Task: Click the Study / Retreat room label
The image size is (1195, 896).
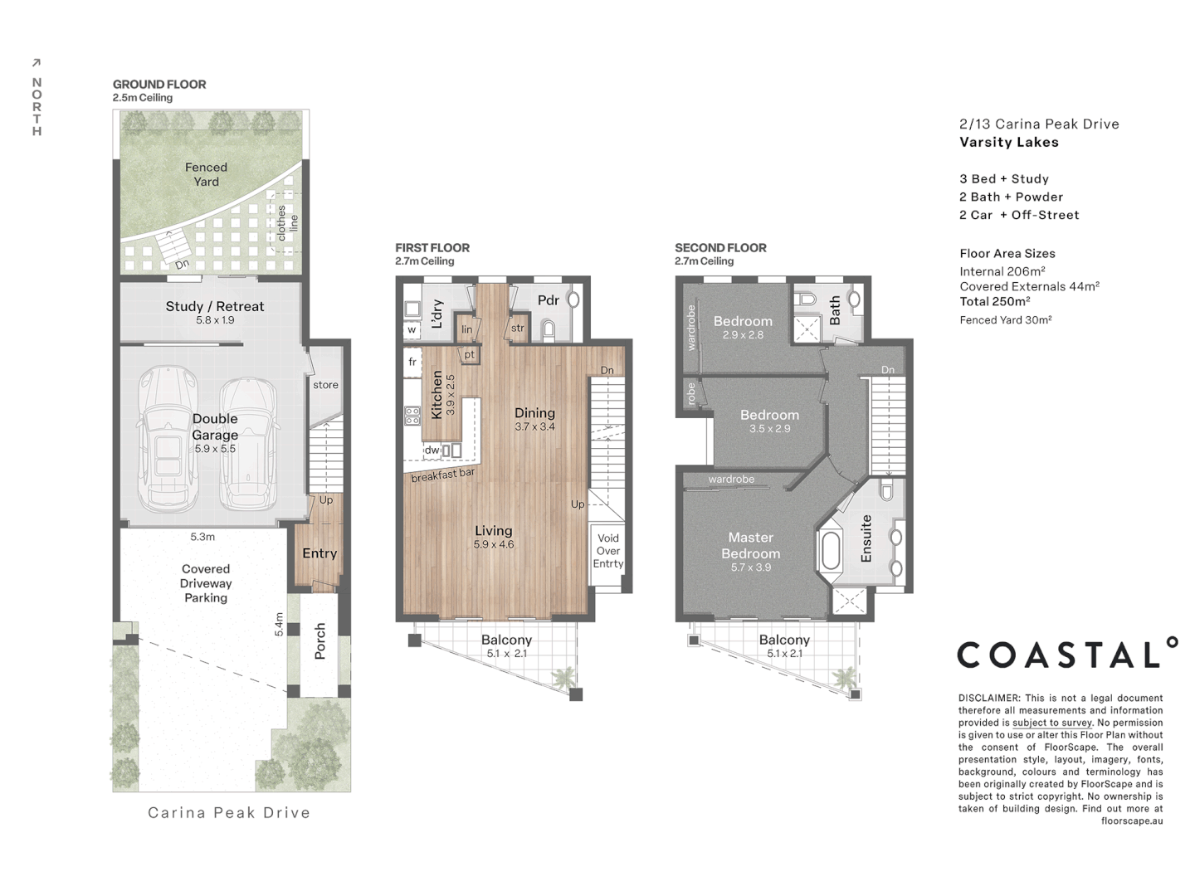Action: coord(214,306)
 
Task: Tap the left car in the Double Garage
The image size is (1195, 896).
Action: coord(168,440)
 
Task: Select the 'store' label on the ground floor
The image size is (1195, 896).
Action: coord(325,385)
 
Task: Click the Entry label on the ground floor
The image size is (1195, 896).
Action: coord(319,553)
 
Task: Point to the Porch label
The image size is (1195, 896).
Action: coord(320,641)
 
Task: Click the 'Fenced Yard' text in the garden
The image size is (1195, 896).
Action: coord(206,174)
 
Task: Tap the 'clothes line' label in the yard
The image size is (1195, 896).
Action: coord(287,223)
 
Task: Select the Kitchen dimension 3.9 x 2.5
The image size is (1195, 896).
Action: coord(450,395)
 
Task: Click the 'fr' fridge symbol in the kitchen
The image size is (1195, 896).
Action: coord(412,363)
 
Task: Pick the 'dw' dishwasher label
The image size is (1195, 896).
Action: coord(432,450)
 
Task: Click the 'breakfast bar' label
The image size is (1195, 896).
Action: coord(443,475)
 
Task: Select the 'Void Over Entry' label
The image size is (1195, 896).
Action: coord(607,551)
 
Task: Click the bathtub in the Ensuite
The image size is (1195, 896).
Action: coord(830,549)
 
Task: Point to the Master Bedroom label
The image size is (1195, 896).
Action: coord(750,545)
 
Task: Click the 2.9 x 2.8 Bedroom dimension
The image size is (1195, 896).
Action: coord(743,335)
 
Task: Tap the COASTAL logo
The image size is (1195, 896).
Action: coord(1067,654)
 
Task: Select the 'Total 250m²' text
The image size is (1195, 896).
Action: coord(995,302)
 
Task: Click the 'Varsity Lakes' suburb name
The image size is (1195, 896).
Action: coord(1009,142)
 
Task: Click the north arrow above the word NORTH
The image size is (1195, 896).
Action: coord(36,63)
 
